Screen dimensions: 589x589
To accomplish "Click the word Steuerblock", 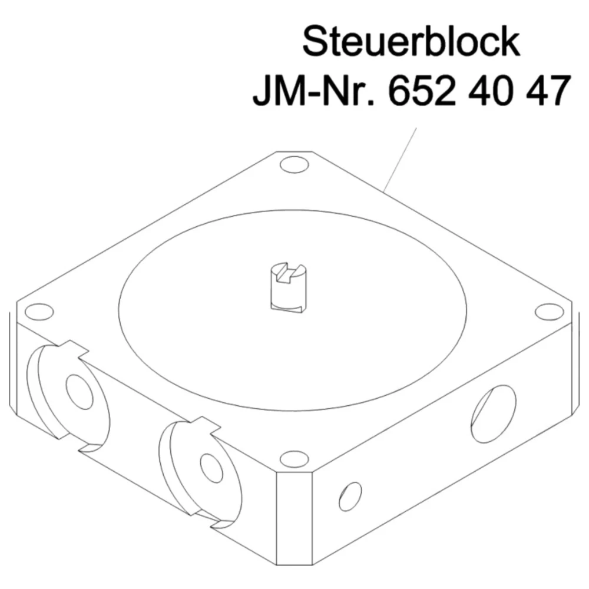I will pos(411,42).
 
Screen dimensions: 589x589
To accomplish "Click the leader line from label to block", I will pos(401,159).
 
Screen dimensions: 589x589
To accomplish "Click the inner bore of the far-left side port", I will pos(80,392).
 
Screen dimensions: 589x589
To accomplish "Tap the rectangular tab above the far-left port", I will pos(70,349).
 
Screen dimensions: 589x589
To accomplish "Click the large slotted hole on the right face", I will pos(494,413).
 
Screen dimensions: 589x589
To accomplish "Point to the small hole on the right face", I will pos(350,496).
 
